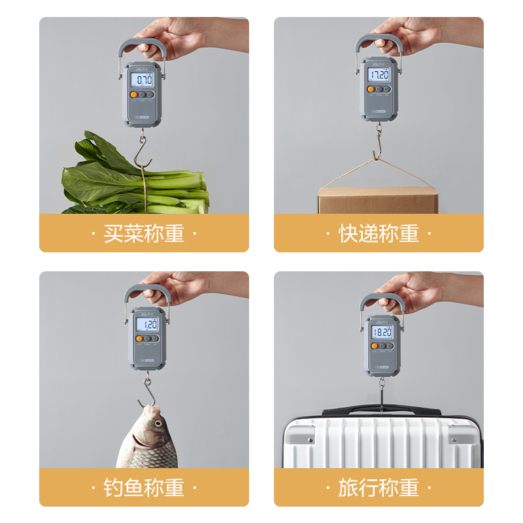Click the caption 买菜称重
coord(144,233)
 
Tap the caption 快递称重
coord(379,233)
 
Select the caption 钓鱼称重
coord(144,487)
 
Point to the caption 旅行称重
coord(379,487)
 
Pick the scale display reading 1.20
coord(148,324)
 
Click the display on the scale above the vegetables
coord(142,80)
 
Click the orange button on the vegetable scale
coord(134,95)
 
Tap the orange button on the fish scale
coord(139,339)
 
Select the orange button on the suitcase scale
coord(375,346)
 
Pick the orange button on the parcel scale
coord(370,89)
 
